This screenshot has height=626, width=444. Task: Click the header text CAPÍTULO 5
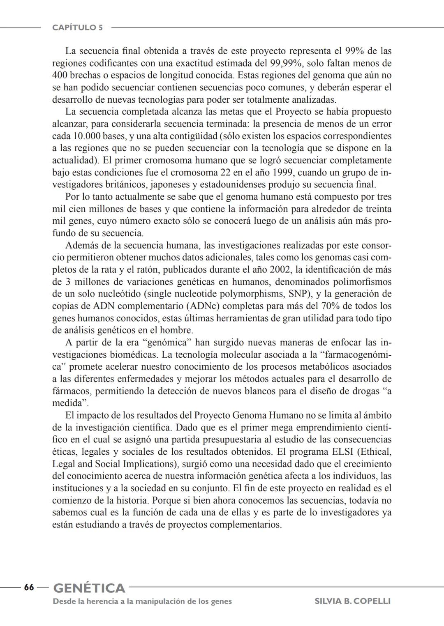tap(77, 28)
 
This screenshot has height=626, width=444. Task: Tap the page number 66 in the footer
tap(29, 587)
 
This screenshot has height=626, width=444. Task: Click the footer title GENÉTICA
tap(89, 588)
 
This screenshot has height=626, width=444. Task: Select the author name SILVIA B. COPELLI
tap(352, 601)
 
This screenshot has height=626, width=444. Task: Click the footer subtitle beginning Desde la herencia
tap(142, 601)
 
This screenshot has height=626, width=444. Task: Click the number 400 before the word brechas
tap(60, 76)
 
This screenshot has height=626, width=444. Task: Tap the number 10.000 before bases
tap(87, 136)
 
